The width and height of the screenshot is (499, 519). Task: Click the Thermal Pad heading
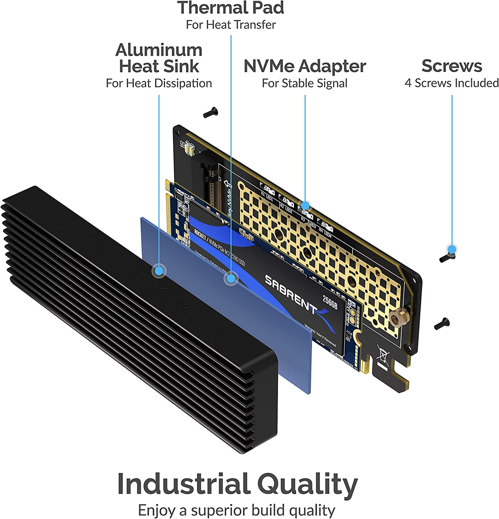[x=231, y=8]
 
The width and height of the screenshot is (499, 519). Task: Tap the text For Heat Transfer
[x=231, y=25]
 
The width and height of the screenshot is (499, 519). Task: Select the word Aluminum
[x=159, y=50]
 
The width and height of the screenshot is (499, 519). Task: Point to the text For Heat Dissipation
[x=159, y=83]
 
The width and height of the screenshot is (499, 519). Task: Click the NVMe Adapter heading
[x=305, y=66]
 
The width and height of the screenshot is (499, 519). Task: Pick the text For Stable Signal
[x=305, y=83]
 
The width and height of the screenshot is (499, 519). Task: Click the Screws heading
[x=452, y=66]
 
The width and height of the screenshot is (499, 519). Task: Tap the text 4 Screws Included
[x=452, y=83]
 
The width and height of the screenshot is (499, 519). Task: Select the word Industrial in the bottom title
[x=184, y=484]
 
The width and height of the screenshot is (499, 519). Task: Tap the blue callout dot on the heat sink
[x=159, y=270]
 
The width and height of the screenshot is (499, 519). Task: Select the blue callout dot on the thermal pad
[x=231, y=278]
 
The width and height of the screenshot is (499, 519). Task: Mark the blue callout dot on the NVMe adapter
[x=305, y=206]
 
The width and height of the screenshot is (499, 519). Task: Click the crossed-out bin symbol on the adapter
[x=383, y=356]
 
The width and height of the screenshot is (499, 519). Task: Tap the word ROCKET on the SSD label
[x=200, y=234]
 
